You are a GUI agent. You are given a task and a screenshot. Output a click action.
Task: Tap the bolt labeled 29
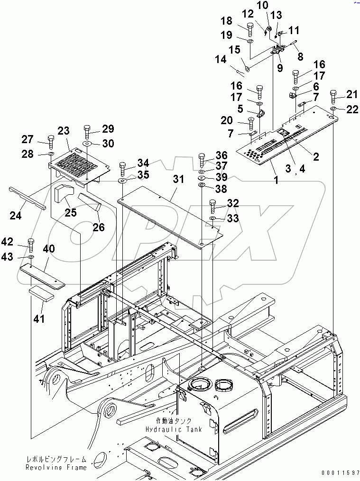click(87, 131)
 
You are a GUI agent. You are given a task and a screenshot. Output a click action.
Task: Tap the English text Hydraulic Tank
click(174, 429)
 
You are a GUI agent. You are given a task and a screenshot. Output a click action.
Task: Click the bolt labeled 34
click(122, 167)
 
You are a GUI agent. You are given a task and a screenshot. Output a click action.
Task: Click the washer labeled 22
click(333, 109)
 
